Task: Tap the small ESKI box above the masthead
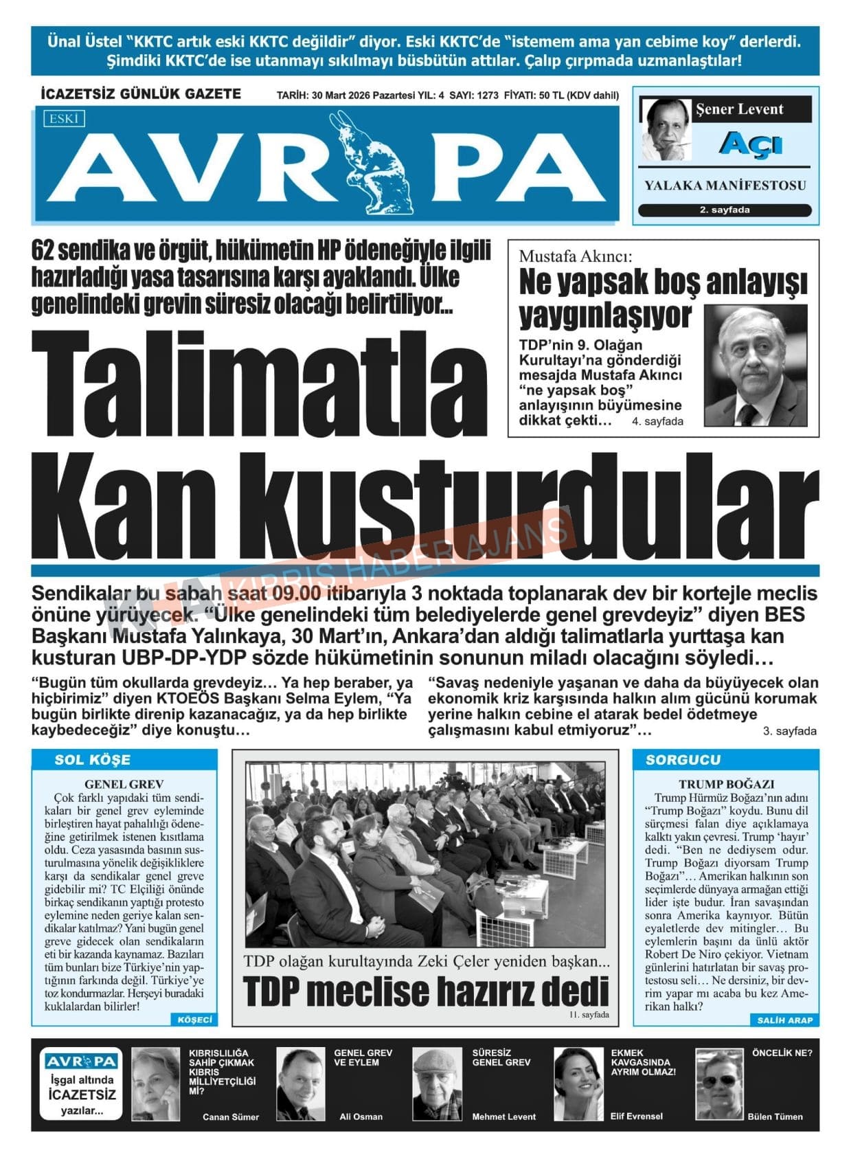point(64,119)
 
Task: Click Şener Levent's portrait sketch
point(666,129)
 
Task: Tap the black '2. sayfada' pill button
point(724,210)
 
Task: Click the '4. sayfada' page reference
point(657,422)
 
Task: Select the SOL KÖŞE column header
point(92,760)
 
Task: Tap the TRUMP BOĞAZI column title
point(726,784)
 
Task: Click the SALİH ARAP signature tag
point(784,1020)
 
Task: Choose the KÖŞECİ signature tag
point(194,1020)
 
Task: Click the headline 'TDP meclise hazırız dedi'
point(426,991)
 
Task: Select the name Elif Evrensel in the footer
point(636,1116)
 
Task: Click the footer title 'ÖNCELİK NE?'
point(782,1053)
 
